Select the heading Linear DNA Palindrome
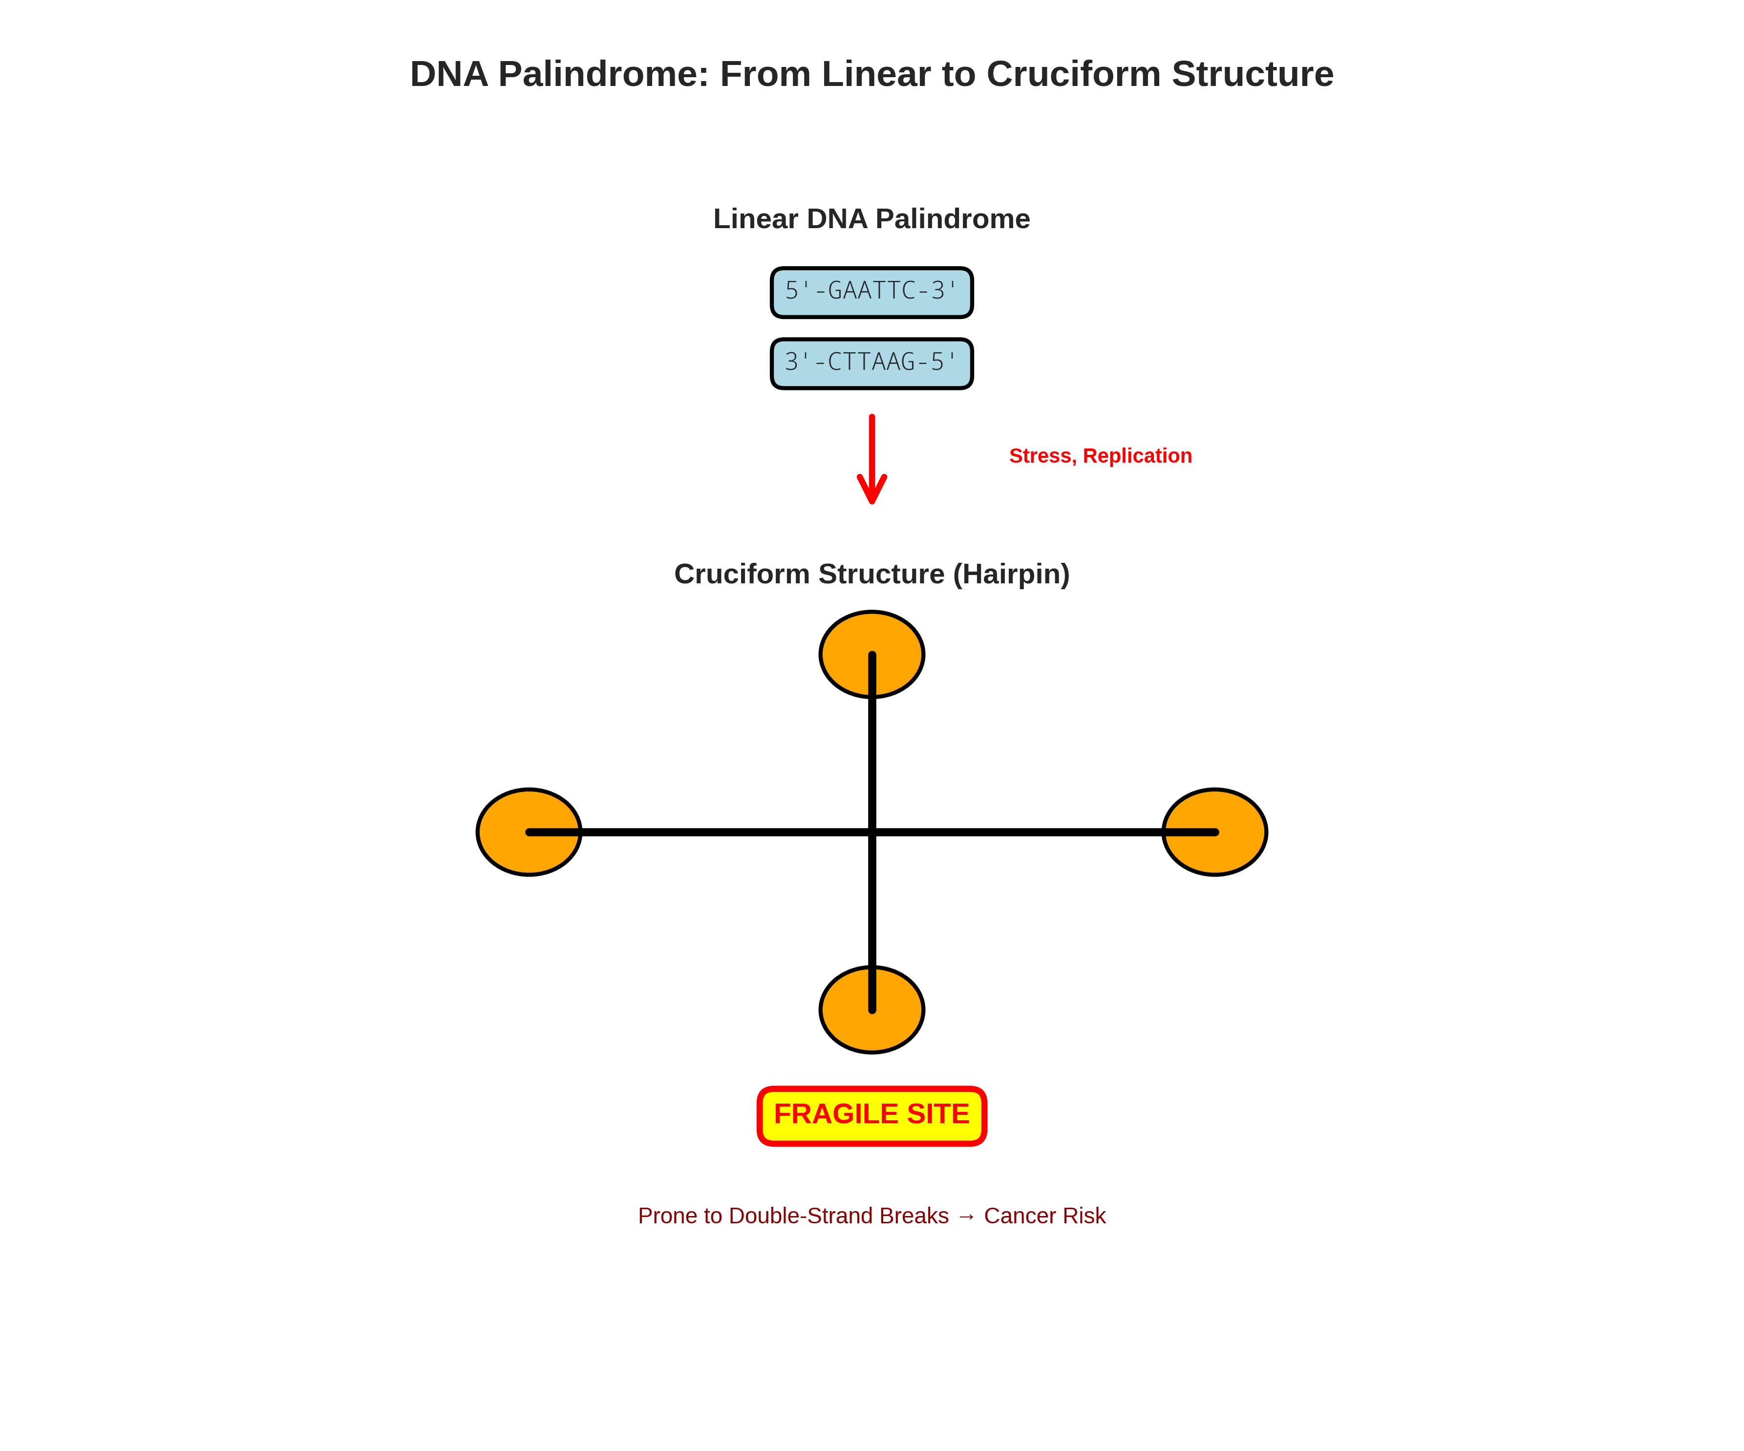pyautogui.click(x=871, y=218)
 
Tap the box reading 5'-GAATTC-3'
pyautogui.click(x=871, y=292)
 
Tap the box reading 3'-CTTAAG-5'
pyautogui.click(x=871, y=363)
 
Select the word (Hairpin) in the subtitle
pyautogui.click(x=1011, y=574)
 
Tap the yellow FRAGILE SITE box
pyautogui.click(x=871, y=1114)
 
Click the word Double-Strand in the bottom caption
pyautogui.click(x=839, y=1216)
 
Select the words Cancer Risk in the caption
pyautogui.click(x=1045, y=1216)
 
